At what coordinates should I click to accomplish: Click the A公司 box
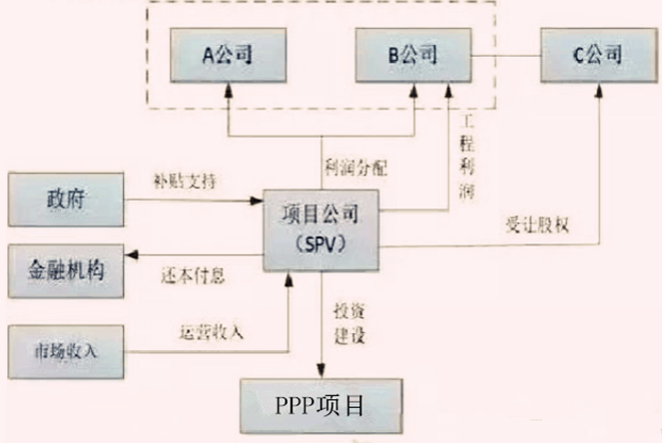pos(228,55)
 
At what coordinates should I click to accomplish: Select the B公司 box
pos(412,55)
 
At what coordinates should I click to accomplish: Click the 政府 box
pos(65,200)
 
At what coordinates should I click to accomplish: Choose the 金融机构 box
pos(65,268)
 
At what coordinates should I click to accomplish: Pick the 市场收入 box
pos(65,351)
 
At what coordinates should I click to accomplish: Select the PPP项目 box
pos(320,406)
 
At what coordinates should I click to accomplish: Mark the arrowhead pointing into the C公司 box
pos(598,89)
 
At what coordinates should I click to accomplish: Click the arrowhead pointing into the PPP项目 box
pos(322,369)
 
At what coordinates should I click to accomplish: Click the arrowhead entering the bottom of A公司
pos(229,90)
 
